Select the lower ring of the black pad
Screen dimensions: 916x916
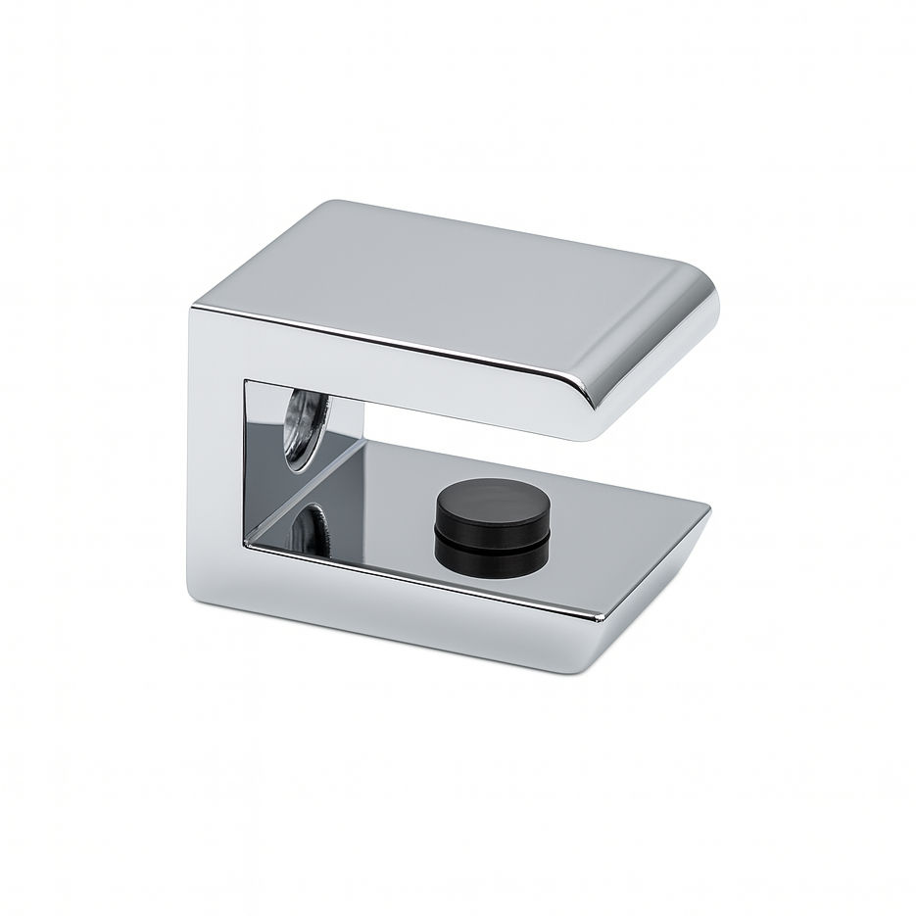click(490, 555)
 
